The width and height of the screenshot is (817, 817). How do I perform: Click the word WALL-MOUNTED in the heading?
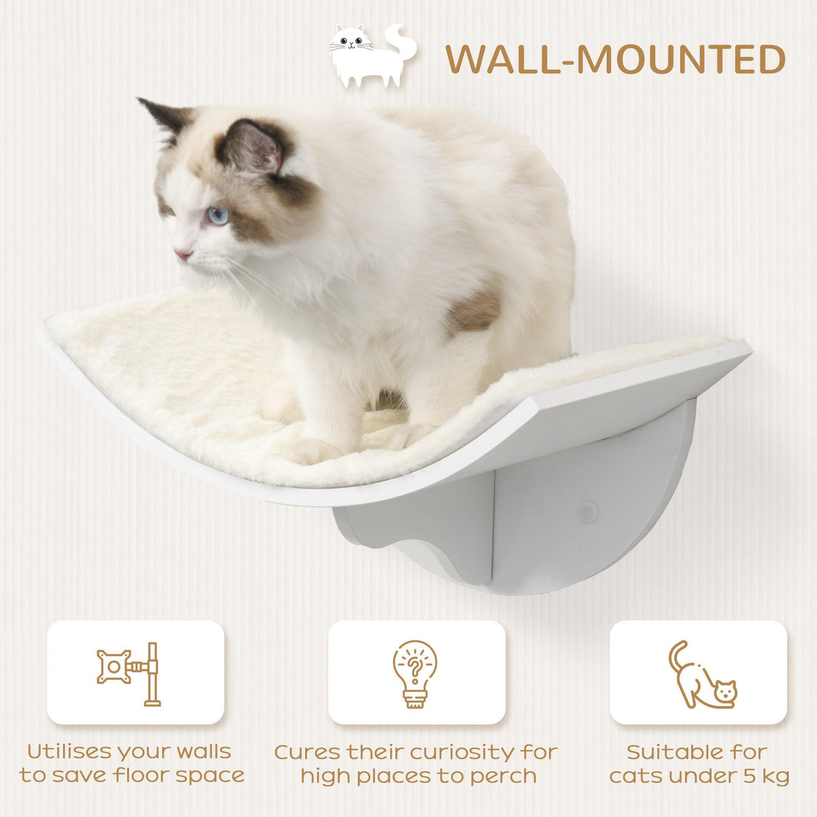point(615,60)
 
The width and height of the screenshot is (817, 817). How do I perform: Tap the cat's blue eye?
point(217,215)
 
